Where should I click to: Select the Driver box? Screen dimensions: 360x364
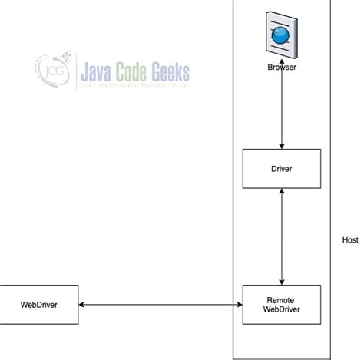click(x=281, y=168)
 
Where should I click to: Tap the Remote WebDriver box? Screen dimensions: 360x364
click(x=281, y=305)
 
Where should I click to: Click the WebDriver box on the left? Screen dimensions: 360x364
click(x=39, y=305)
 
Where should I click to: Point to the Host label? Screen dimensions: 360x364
click(x=350, y=240)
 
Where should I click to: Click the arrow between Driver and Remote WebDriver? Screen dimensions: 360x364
click(x=282, y=236)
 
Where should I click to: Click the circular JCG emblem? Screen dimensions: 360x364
click(x=52, y=71)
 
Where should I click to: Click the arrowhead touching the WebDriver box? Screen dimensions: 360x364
click(x=82, y=306)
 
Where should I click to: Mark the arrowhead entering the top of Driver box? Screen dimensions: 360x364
click(x=282, y=146)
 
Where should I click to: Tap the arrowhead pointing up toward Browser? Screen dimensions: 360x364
click(x=282, y=76)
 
